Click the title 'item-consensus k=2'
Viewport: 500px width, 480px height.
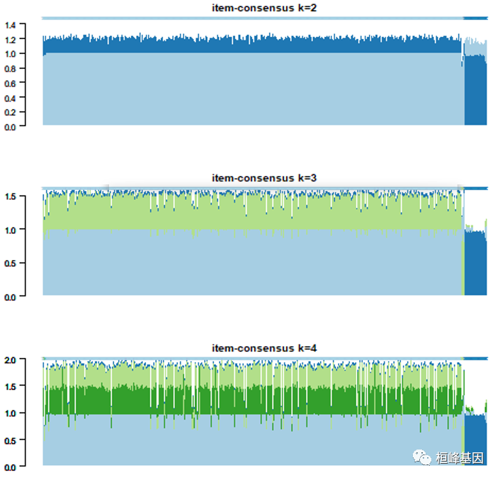[263, 7]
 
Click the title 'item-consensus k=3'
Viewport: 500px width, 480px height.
[263, 177]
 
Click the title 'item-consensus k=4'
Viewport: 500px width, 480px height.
[263, 348]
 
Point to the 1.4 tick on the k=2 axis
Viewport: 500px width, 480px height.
[10, 25]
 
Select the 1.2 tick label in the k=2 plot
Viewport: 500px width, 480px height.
[10, 39]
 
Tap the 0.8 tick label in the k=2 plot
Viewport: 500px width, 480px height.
[10, 68]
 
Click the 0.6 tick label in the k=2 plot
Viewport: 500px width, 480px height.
[10, 83]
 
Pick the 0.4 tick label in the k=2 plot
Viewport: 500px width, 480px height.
[10, 98]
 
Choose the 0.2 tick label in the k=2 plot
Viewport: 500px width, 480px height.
[10, 112]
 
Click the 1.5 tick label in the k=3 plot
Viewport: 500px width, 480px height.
[10, 195]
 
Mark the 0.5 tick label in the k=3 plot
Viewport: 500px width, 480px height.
[10, 263]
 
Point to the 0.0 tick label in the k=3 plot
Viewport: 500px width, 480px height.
[10, 297]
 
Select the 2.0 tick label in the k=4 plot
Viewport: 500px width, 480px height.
[10, 360]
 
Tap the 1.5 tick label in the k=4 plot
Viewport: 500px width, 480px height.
[10, 386]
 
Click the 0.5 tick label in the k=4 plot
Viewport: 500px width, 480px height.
[10, 440]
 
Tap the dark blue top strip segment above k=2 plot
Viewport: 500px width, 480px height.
[475, 18]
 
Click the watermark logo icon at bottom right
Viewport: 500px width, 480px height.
[423, 457]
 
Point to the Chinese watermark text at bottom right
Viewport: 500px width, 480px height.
[459, 458]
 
